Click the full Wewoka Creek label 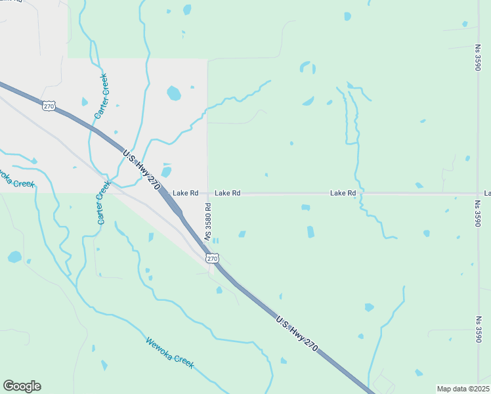click(170, 353)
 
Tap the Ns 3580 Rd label click(207, 221)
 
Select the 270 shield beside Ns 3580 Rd click(212, 259)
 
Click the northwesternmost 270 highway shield click(49, 106)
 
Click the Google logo click(22, 386)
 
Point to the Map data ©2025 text click(463, 389)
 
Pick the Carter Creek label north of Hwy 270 click(101, 96)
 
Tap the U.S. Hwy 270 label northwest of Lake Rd click(141, 169)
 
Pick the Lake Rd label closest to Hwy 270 click(185, 193)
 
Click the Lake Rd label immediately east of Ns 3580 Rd click(227, 193)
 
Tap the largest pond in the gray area click(173, 93)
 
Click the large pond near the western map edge click(14, 256)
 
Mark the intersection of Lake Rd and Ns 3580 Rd click(207, 194)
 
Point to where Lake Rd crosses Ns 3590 click(477, 194)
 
